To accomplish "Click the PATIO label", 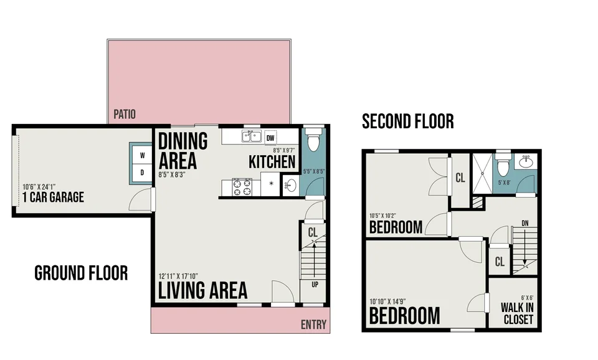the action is (x=125, y=114).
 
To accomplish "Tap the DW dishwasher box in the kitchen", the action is (x=270, y=138).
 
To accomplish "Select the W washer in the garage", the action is (x=142, y=155).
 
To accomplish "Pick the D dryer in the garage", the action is (x=142, y=173).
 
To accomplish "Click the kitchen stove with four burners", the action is (x=242, y=187).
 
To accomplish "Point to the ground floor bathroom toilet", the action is (x=313, y=140).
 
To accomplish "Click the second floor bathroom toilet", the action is (x=503, y=164).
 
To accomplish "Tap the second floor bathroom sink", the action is (x=526, y=162).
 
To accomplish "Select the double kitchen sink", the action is (x=251, y=136).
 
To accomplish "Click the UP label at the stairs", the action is (x=315, y=285).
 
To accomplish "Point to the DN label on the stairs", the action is (x=524, y=224).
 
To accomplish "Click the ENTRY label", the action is (x=313, y=324).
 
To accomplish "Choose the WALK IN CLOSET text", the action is (x=518, y=313).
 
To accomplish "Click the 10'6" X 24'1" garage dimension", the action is (x=39, y=187).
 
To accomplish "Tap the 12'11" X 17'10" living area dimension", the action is (x=178, y=277).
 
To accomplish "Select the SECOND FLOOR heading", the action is (x=407, y=121).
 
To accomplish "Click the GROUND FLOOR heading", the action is (x=81, y=273).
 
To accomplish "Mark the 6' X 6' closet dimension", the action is (x=527, y=298).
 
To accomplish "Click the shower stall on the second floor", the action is (x=482, y=173).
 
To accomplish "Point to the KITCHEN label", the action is (x=272, y=162).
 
